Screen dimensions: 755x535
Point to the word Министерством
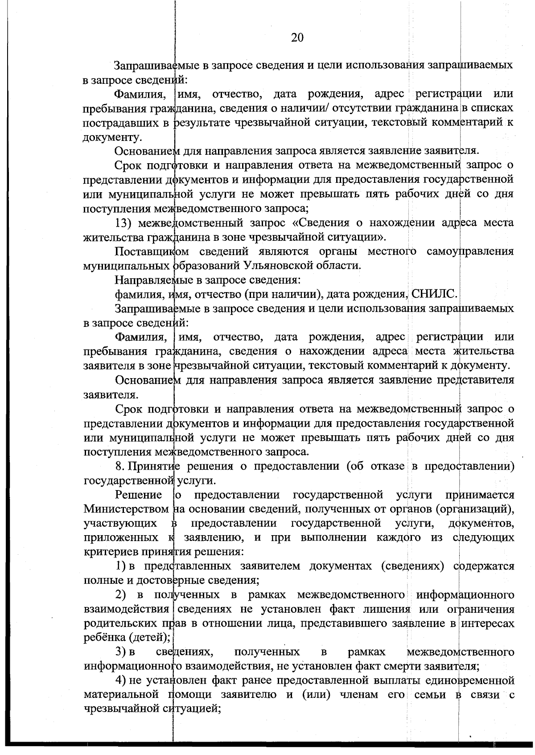pyautogui.click(x=126, y=509)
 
